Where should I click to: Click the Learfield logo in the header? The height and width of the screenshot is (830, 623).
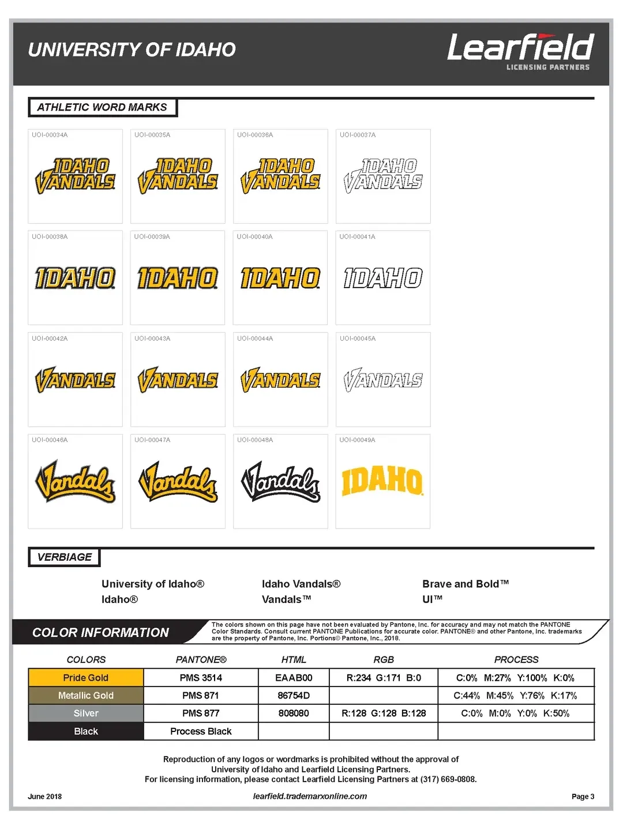[x=520, y=51]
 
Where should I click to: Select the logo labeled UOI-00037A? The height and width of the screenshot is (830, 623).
[x=383, y=175]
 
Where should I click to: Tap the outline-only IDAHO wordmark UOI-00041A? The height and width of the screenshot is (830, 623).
[x=383, y=278]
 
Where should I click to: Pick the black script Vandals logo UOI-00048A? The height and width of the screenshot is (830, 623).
[x=280, y=481]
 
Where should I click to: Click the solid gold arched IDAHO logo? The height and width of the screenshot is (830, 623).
[x=382, y=481]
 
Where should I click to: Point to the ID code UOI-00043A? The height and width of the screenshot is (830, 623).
[x=152, y=338]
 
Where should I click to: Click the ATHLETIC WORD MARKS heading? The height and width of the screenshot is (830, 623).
[x=102, y=107]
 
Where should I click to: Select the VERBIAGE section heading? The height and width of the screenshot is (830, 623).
[x=65, y=557]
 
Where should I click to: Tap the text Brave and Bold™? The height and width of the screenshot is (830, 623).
[x=466, y=584]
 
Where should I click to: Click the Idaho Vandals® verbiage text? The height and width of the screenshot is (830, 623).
[x=301, y=584]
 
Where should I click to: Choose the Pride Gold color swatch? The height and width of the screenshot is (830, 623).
[x=86, y=678]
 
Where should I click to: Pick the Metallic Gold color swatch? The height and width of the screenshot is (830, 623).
[x=86, y=696]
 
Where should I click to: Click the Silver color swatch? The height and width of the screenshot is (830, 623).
[x=86, y=714]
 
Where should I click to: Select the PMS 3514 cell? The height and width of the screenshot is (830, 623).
[x=201, y=678]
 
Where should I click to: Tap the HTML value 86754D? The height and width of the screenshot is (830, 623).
[x=294, y=696]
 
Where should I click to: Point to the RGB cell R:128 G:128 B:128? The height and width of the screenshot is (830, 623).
[x=384, y=714]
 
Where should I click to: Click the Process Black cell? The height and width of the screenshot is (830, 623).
[x=201, y=731]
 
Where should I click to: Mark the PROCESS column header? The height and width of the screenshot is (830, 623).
[x=516, y=659]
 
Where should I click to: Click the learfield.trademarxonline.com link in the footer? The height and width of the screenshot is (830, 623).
[x=310, y=796]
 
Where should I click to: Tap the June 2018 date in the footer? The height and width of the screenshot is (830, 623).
[x=45, y=797]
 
